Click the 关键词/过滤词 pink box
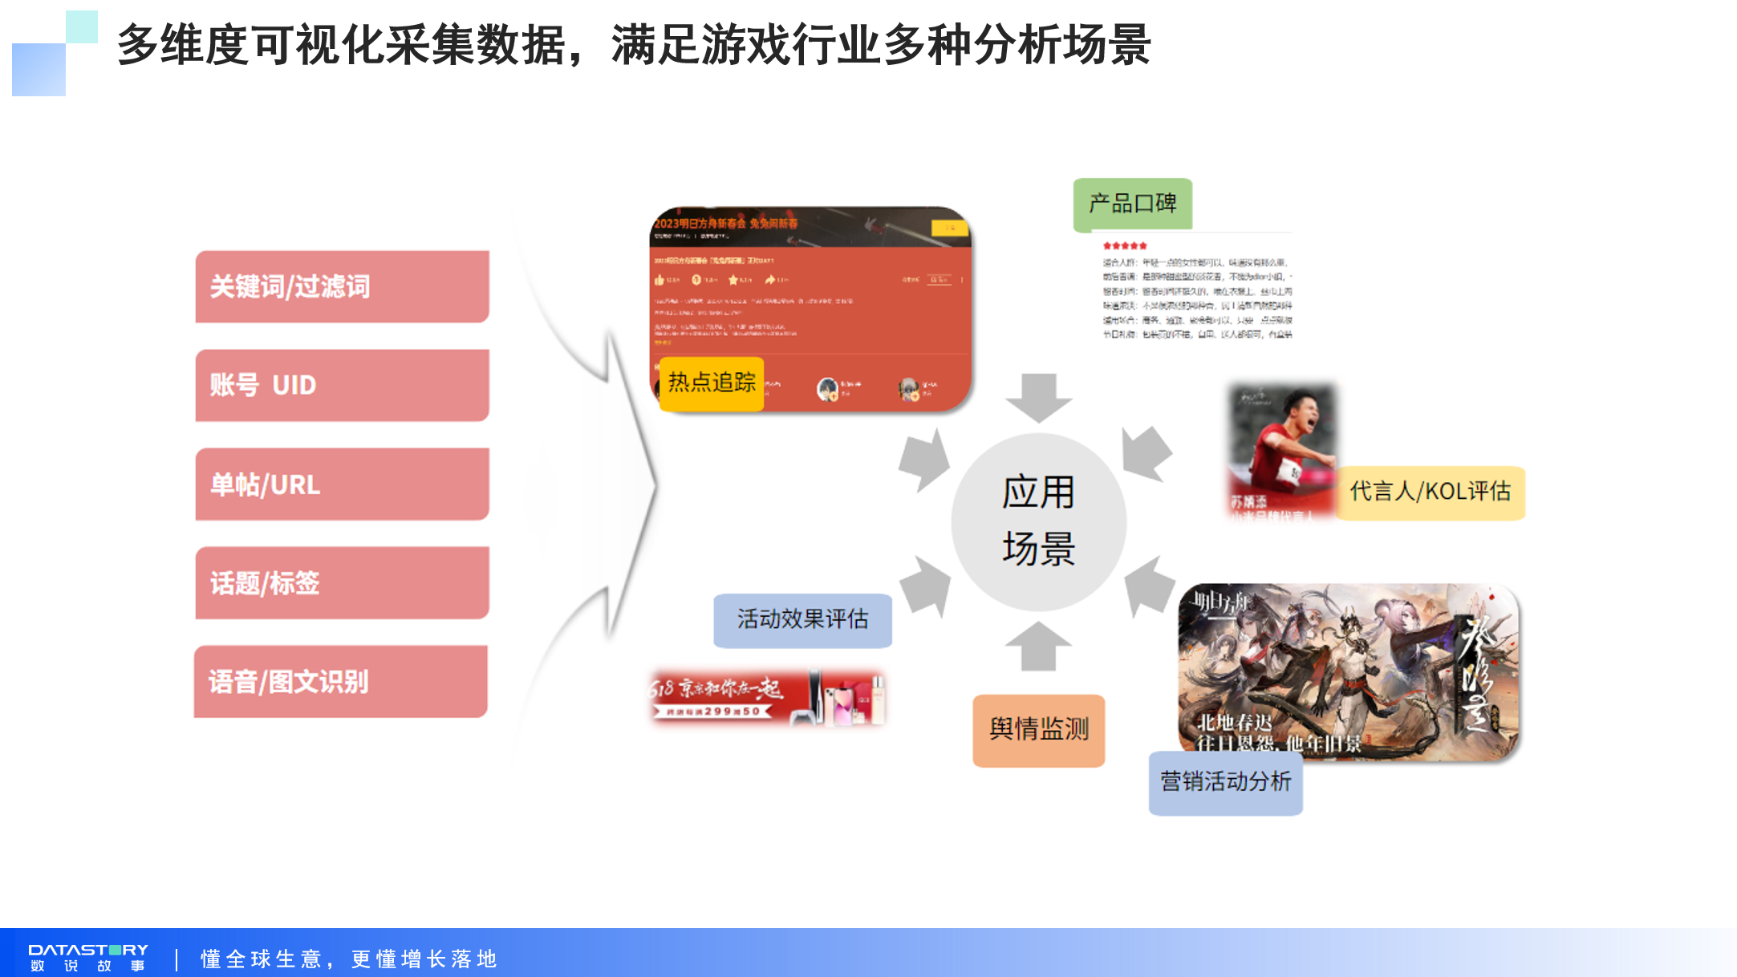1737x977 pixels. pyautogui.click(x=342, y=286)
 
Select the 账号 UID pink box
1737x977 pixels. pyautogui.click(x=342, y=385)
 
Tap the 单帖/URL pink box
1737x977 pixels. pyautogui.click(x=342, y=484)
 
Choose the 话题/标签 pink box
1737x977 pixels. pyautogui.click(x=342, y=582)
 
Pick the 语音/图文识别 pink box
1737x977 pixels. pyautogui.click(x=340, y=681)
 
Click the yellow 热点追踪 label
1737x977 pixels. pyautogui.click(x=712, y=383)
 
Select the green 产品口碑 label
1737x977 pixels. pyautogui.click(x=1132, y=204)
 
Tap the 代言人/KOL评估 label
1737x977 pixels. pyautogui.click(x=1430, y=492)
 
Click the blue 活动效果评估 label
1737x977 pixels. pyautogui.click(x=802, y=619)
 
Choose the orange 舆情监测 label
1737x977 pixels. pyautogui.click(x=1038, y=729)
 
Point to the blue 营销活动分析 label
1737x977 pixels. pyautogui.click(x=1225, y=782)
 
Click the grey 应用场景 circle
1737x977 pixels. pyautogui.click(x=1038, y=521)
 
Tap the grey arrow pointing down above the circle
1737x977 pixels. pyautogui.click(x=1038, y=397)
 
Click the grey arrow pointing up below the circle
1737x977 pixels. pyautogui.click(x=1038, y=646)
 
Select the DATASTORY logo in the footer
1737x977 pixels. pyautogui.click(x=88, y=957)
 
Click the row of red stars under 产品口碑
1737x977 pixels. pyautogui.click(x=1125, y=245)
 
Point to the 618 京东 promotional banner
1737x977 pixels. pyautogui.click(x=766, y=697)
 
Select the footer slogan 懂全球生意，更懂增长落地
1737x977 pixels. pyautogui.click(x=348, y=959)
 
